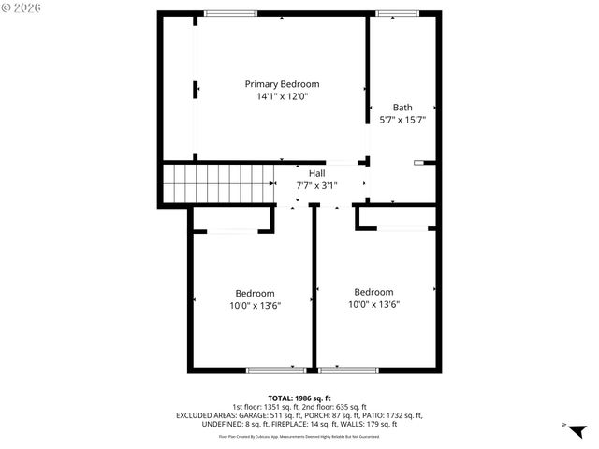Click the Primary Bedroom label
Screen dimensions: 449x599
282,84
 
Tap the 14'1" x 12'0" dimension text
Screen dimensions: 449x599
282,96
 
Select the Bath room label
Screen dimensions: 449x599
402,108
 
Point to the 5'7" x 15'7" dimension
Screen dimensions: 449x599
402,120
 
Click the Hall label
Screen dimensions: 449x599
317,174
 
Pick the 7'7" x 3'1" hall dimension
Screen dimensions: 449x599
317,185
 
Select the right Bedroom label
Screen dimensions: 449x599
373,292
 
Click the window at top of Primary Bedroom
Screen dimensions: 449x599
231,12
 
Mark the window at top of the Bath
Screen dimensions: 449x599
392,12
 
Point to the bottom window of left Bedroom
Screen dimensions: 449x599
276,370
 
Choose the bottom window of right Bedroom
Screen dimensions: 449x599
348,370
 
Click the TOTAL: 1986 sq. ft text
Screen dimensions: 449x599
299,398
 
